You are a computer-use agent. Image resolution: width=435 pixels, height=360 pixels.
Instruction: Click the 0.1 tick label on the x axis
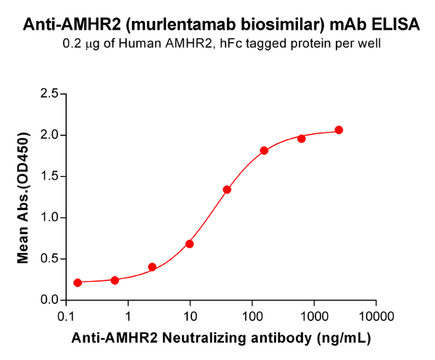(66, 316)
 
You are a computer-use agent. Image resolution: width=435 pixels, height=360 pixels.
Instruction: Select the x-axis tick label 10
(190, 316)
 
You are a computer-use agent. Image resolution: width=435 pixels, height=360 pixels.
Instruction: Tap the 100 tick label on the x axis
(252, 316)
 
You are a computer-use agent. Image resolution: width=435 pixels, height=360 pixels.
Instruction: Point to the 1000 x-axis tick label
(313, 316)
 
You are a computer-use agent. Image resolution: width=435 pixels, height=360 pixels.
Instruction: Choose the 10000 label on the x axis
(376, 316)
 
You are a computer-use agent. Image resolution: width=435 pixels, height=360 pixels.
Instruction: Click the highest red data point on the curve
(339, 130)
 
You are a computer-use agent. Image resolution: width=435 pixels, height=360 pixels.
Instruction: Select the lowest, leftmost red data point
(78, 282)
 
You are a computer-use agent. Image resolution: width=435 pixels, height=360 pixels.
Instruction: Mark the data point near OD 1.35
(227, 190)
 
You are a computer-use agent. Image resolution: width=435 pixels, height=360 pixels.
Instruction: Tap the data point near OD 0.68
(190, 244)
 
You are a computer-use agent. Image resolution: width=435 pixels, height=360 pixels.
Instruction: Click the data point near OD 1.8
(264, 151)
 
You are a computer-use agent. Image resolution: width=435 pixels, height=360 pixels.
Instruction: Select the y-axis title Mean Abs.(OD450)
(23, 197)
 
